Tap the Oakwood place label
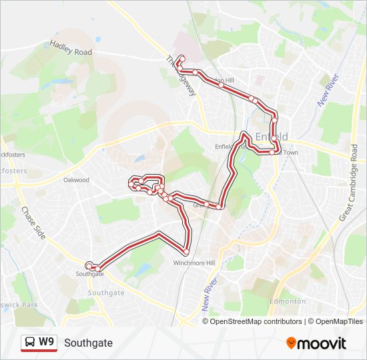click(76, 180)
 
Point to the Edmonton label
click(288, 301)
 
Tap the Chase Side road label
click(31, 223)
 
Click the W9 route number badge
click(46, 342)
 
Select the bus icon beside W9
click(30, 343)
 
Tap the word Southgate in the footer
click(89, 343)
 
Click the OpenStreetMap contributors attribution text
click(252, 321)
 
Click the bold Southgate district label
click(106, 293)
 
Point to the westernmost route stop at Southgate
click(89, 265)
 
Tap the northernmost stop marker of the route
click(181, 58)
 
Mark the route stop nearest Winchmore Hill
click(186, 251)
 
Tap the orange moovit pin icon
click(292, 343)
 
